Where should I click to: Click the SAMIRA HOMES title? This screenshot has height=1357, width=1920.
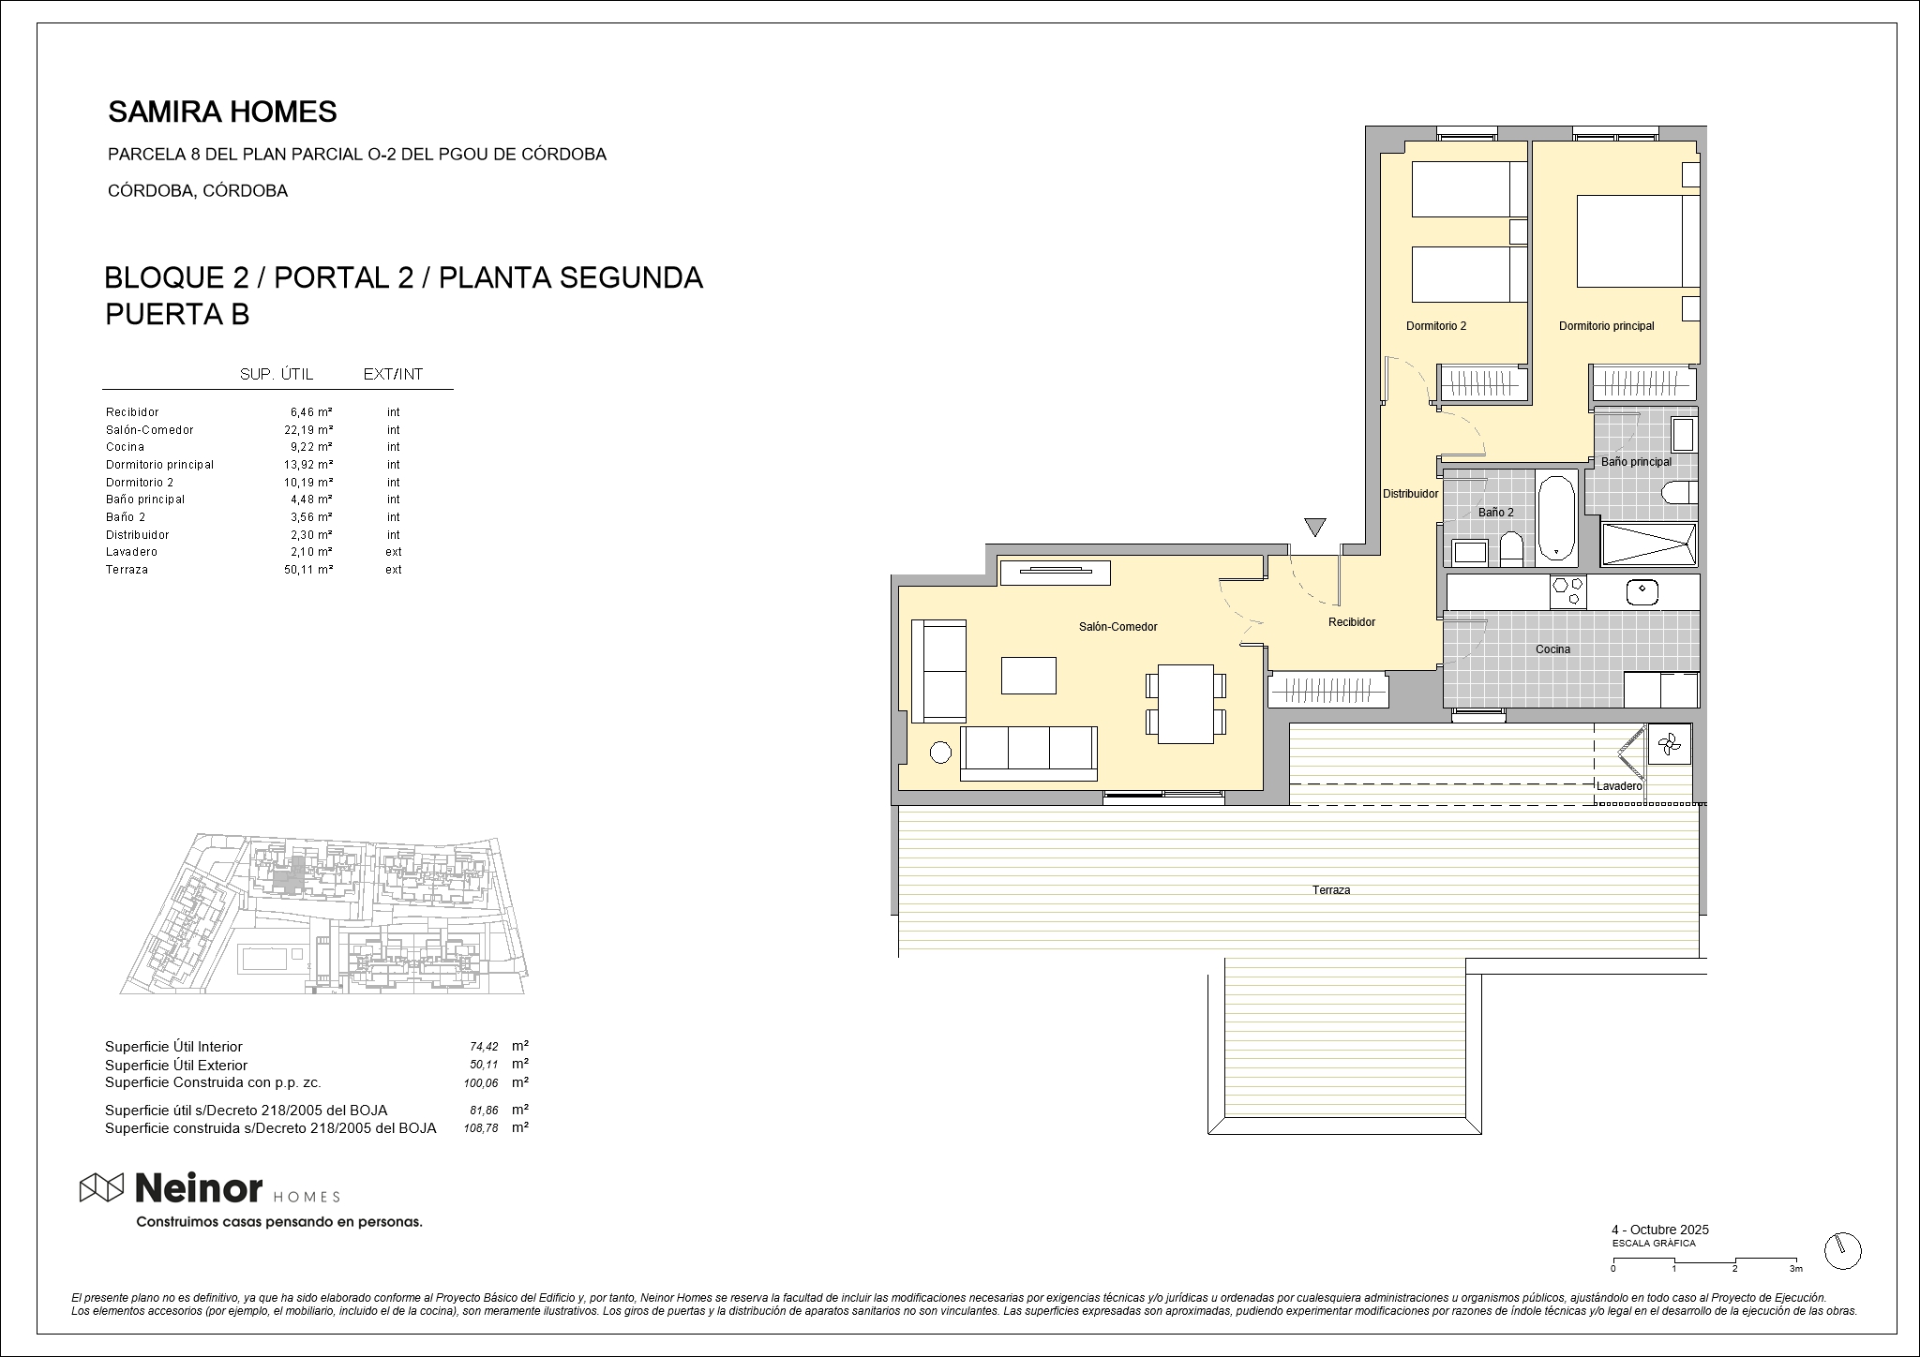click(222, 112)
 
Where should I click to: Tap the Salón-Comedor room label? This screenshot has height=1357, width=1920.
click(1117, 627)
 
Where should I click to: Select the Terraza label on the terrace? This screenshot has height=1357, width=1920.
click(1331, 890)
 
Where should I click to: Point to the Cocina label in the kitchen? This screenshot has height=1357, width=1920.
click(1552, 649)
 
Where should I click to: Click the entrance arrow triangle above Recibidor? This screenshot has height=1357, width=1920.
click(1315, 527)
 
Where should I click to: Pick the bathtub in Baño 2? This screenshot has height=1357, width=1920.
click(1556, 517)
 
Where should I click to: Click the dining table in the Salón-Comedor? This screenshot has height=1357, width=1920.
click(1186, 703)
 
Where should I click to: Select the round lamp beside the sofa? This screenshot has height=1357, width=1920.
click(939, 752)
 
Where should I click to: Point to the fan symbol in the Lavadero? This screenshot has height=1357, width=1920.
click(1669, 746)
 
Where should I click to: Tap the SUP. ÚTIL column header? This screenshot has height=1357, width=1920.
click(277, 375)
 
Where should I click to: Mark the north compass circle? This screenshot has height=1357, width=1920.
click(1843, 1250)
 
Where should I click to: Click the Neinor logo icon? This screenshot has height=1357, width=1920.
click(101, 1187)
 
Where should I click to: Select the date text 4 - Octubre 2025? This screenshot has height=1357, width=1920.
click(1659, 1230)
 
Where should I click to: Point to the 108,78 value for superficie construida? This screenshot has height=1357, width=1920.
click(481, 1128)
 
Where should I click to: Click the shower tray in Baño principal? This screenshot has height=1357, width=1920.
click(1649, 544)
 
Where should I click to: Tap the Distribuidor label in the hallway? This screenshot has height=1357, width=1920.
click(1410, 494)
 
